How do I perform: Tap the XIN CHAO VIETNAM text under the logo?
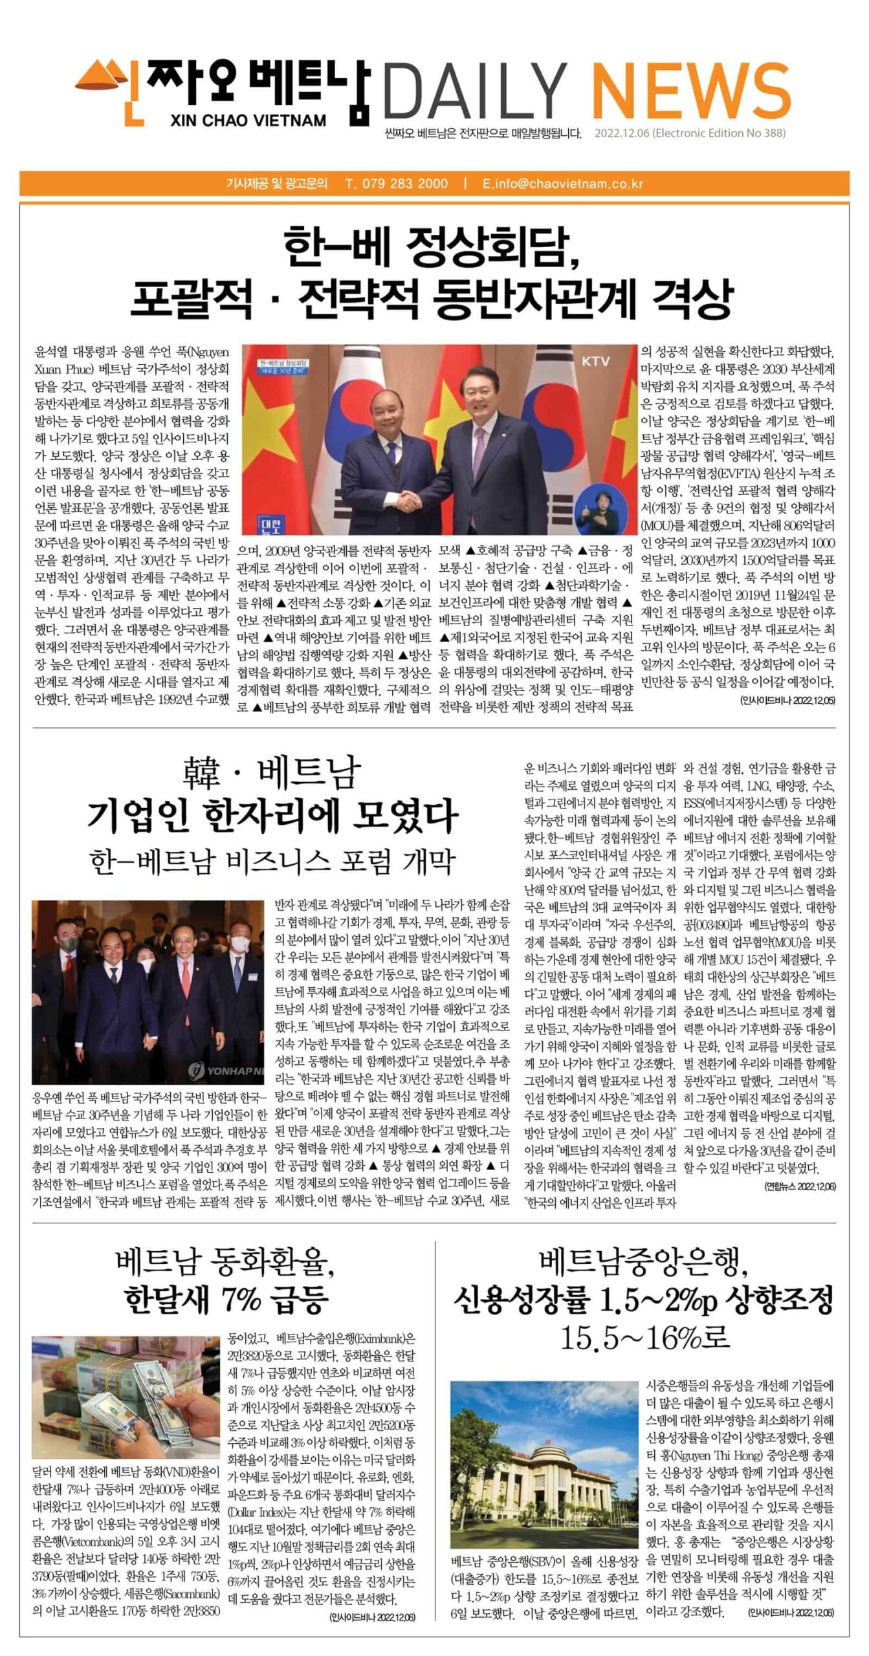pos(248,120)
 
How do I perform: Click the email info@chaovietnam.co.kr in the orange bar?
pos(563,184)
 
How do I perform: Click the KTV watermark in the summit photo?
pos(595,361)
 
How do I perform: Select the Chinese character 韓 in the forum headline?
pos(201,774)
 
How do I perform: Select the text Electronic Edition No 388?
pos(720,133)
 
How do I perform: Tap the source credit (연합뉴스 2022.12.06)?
pos(800,1186)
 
